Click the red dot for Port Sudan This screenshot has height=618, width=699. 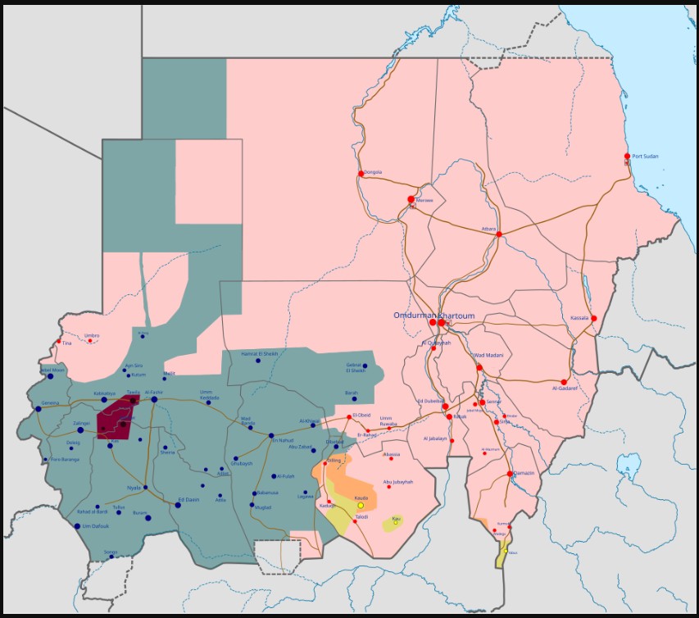[x=627, y=156]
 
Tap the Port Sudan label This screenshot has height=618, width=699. [x=646, y=156]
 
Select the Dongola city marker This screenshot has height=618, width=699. [x=361, y=173]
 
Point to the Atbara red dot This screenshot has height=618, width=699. [x=498, y=234]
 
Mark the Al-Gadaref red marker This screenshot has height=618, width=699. [x=564, y=382]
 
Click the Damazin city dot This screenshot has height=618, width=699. [x=510, y=474]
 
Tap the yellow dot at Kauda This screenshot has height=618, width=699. [x=361, y=505]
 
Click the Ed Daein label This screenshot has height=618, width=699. [x=188, y=499]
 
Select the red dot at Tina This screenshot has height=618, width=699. [x=58, y=342]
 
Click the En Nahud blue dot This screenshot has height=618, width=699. [x=270, y=434]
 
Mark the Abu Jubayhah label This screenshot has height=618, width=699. [x=397, y=482]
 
